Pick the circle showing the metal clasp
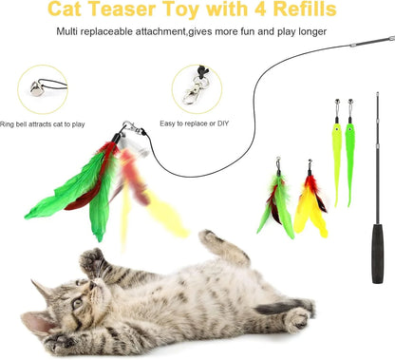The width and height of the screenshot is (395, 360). point(197,88)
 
